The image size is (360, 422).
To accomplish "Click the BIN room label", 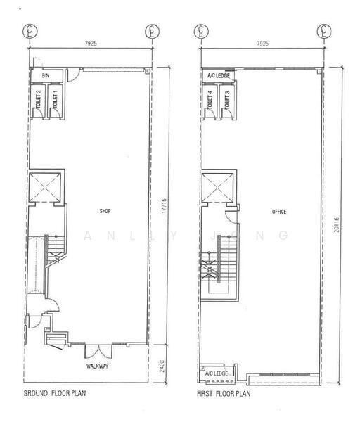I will click(x=46, y=75).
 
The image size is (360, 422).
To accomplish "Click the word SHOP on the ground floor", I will click(x=106, y=210).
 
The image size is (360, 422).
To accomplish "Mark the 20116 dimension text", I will click(x=338, y=222).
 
